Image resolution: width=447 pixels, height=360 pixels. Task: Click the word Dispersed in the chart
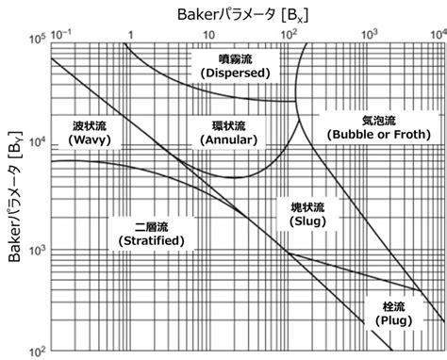coord(230,73)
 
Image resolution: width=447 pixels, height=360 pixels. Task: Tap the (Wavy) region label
coord(91,139)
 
